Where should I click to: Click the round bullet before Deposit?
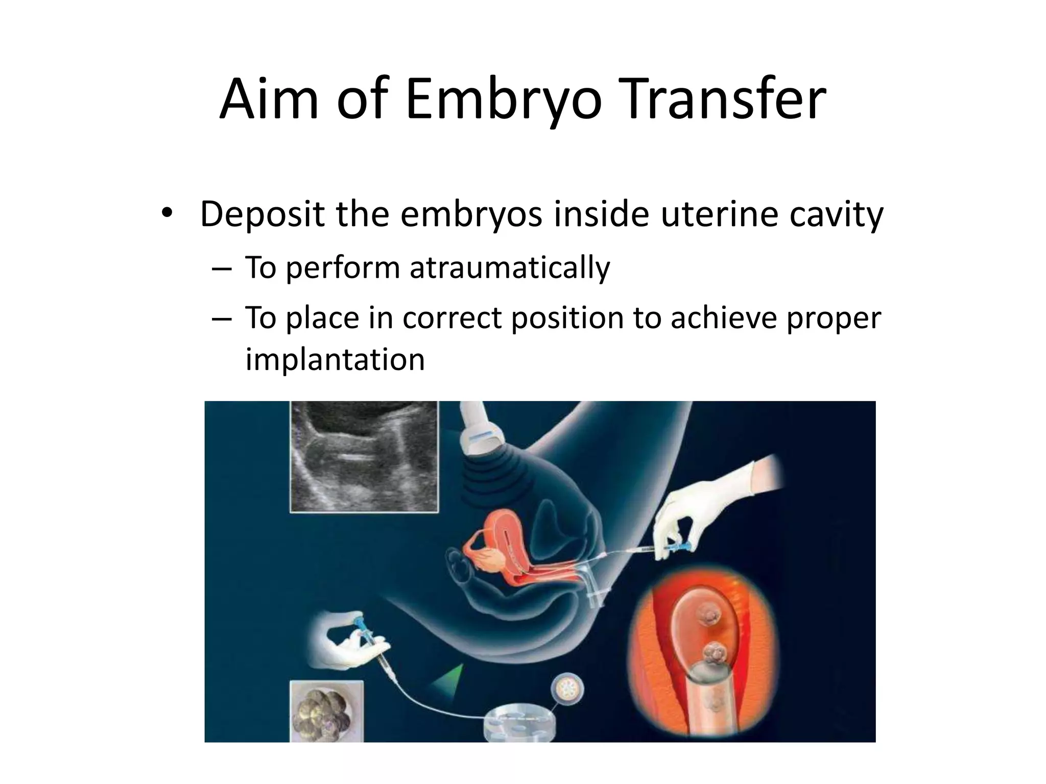coord(166,214)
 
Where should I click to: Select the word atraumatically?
coord(509,268)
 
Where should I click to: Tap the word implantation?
coord(335,359)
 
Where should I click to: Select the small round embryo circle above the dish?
coord(567,692)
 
